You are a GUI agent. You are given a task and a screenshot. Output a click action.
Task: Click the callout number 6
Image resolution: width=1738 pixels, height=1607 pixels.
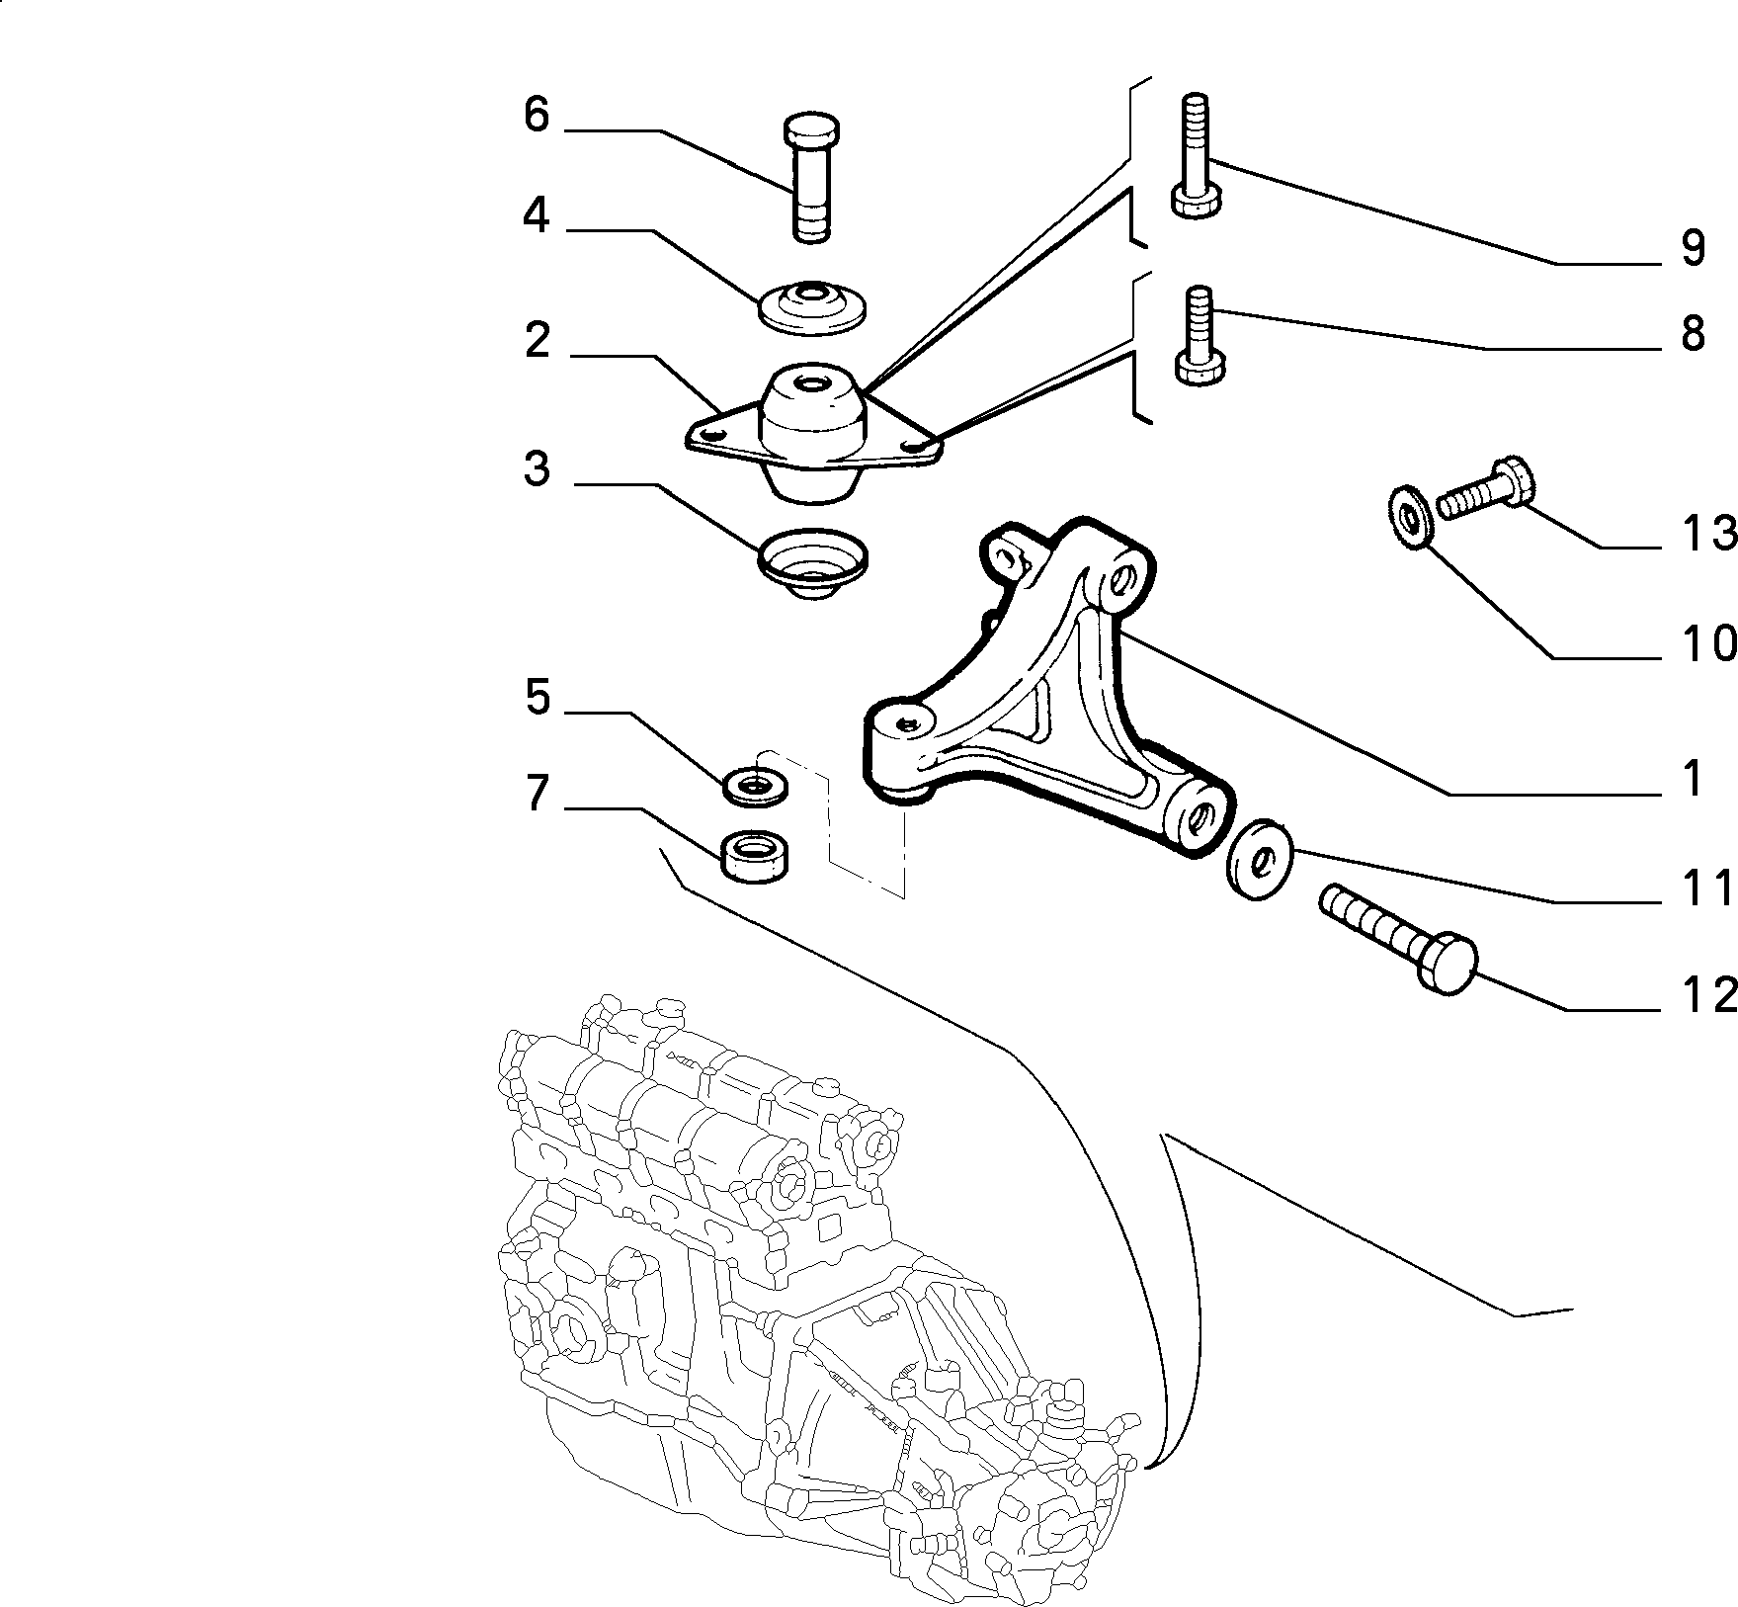(536, 116)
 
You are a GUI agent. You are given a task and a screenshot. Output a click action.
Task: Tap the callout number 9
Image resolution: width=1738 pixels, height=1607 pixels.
(1693, 248)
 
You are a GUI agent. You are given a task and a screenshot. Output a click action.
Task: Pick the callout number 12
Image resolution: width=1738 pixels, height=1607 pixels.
(1708, 995)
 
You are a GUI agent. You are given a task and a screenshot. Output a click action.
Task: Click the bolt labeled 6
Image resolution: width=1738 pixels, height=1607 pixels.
(811, 177)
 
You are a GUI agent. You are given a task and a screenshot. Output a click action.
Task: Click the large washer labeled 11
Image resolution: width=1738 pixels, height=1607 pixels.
(1258, 860)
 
